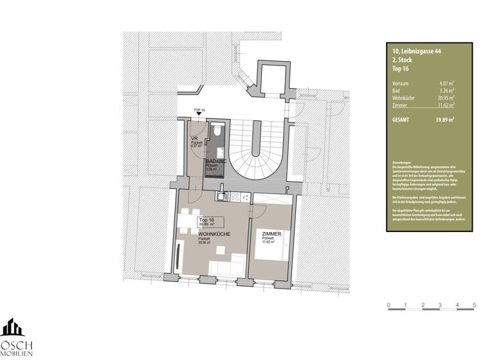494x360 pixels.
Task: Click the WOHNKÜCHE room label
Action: click(x=214, y=234)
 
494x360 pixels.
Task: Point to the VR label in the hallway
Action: click(x=194, y=139)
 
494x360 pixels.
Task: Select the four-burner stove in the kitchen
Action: click(x=235, y=197)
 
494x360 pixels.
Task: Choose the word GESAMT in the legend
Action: click(x=401, y=120)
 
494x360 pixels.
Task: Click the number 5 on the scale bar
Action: click(x=474, y=304)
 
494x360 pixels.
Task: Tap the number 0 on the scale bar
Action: click(x=389, y=304)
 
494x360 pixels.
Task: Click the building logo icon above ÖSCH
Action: click(x=13, y=327)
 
